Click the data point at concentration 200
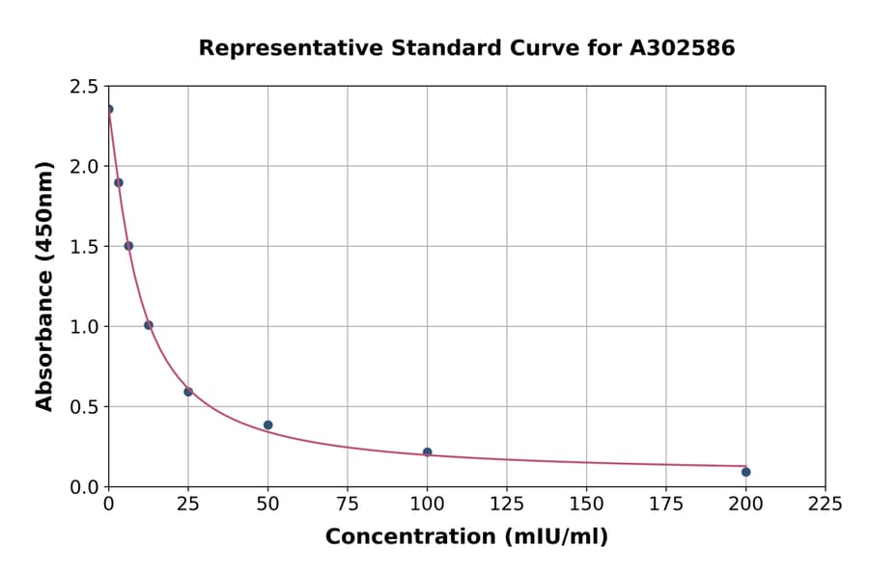745,472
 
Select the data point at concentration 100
427,452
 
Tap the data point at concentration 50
268,425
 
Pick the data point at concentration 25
188,392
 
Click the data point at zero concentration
109,109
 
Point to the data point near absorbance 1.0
149,325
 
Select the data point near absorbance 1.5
128,246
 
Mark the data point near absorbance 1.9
119,182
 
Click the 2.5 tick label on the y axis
84,87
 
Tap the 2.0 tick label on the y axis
84,167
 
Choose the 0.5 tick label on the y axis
84,407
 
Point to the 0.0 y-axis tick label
84,487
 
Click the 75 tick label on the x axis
348,504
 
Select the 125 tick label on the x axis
507,504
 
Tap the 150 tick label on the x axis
586,504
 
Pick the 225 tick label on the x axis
826,504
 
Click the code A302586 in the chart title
682,48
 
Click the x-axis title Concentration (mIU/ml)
466,537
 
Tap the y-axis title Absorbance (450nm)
44,286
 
